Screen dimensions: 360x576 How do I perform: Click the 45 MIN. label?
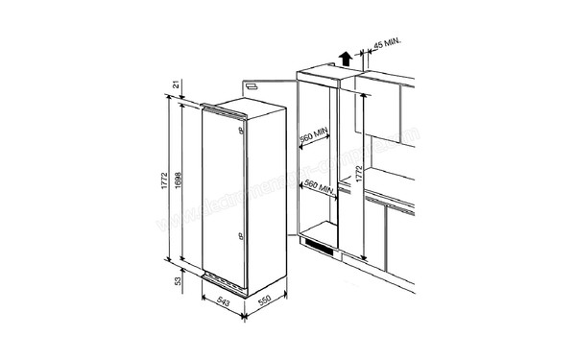coord(388,44)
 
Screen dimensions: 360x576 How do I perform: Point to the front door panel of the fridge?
coord(220,192)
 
